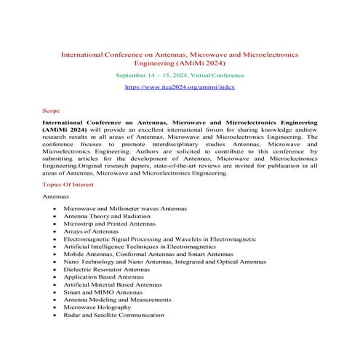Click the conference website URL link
(180, 86)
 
